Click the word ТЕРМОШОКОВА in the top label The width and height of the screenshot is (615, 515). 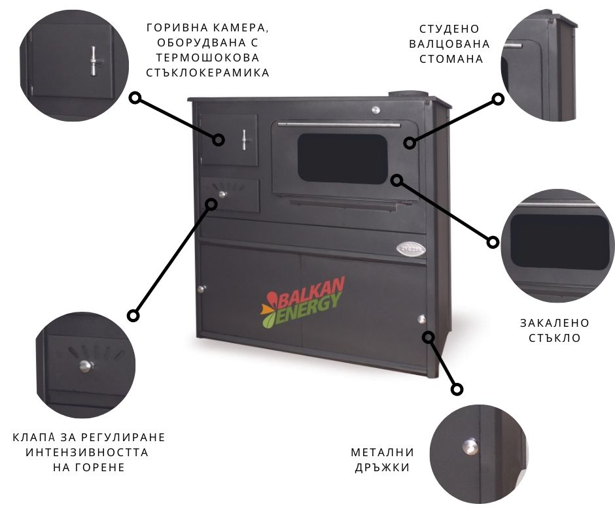[207, 58]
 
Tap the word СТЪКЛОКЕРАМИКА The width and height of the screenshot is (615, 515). [207, 73]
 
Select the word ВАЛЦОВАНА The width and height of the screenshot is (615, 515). [449, 44]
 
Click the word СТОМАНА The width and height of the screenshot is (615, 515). [451, 59]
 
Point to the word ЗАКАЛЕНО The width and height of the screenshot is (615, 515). [555, 323]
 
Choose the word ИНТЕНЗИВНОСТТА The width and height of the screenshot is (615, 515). [87, 452]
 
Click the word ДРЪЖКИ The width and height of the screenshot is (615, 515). [383, 467]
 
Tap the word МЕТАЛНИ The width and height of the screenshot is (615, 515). [383, 452]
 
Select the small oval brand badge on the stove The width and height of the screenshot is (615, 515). [411, 248]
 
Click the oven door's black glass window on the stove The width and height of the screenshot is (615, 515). [342, 159]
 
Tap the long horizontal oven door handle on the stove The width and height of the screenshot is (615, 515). [339, 125]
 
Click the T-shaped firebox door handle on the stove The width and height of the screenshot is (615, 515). [244, 140]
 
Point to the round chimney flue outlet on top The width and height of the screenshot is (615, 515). [408, 95]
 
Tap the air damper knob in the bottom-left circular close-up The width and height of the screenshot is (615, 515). [86, 366]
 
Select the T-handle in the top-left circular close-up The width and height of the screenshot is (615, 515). [94, 61]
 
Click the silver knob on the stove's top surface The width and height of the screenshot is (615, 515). [376, 110]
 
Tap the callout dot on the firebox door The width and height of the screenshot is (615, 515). [218, 140]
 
